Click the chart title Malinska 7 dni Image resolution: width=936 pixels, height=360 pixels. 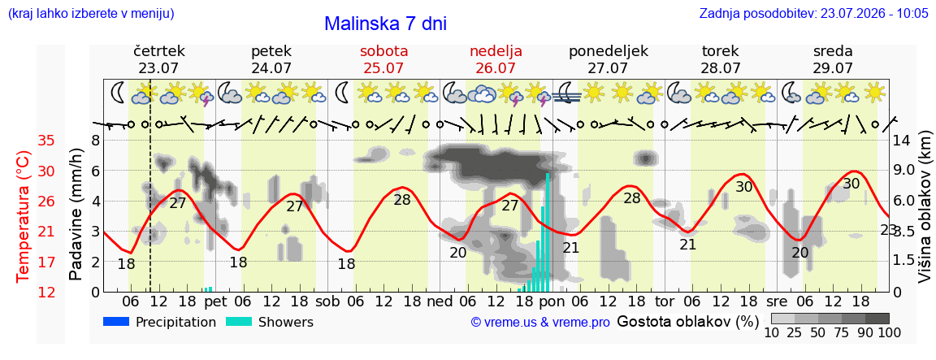click(x=385, y=24)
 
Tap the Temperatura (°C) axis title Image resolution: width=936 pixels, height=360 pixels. click(x=23, y=217)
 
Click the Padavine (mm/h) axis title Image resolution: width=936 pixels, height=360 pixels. click(x=76, y=215)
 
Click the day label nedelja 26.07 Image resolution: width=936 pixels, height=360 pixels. click(x=496, y=59)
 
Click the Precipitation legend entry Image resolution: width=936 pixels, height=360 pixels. click(x=159, y=323)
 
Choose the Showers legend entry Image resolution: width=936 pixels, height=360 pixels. click(x=270, y=323)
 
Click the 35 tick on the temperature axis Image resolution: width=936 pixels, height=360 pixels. click(x=46, y=141)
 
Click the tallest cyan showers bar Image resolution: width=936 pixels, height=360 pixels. click(x=548, y=232)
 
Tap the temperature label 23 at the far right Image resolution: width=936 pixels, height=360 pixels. click(x=888, y=230)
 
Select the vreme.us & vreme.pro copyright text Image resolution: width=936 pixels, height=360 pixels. click(x=540, y=323)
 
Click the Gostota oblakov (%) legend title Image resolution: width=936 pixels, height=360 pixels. click(x=687, y=322)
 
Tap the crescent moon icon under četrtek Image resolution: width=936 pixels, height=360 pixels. click(x=118, y=93)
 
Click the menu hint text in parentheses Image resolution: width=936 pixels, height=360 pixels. click(x=91, y=13)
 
